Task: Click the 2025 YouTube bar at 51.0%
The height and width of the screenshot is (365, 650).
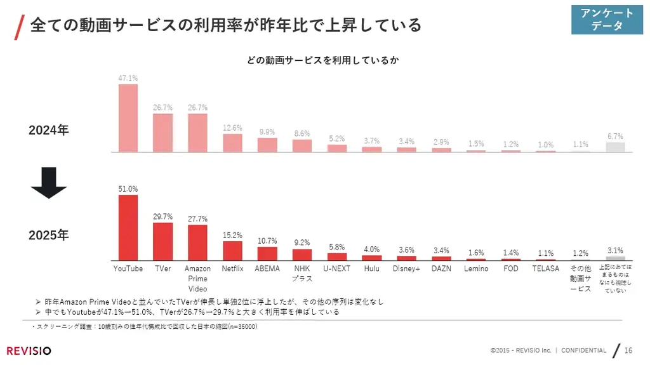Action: (x=128, y=227)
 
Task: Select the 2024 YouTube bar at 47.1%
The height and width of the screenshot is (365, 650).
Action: (x=128, y=118)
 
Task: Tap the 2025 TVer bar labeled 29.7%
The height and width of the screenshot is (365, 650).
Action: (x=163, y=241)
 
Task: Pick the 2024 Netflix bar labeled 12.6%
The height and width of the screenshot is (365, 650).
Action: (x=232, y=143)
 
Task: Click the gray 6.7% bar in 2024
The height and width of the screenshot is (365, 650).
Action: (x=615, y=147)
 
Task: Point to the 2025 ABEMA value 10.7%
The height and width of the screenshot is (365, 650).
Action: (x=267, y=241)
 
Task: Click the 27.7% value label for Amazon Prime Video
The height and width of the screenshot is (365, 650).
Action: (x=197, y=219)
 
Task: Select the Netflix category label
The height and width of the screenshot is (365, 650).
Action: (x=232, y=269)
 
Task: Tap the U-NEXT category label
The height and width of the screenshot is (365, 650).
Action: (x=336, y=269)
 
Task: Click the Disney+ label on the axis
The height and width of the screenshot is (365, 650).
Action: (x=406, y=269)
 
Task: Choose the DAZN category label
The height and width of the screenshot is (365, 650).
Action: (x=441, y=269)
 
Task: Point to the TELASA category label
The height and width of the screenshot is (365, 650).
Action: (x=545, y=269)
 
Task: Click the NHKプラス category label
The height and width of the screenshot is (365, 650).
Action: (x=302, y=273)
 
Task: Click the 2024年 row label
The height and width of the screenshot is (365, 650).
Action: (x=49, y=130)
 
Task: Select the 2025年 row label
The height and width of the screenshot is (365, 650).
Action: (x=49, y=236)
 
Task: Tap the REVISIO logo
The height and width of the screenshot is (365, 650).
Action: (x=29, y=351)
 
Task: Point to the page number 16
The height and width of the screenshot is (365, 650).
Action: (x=628, y=350)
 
